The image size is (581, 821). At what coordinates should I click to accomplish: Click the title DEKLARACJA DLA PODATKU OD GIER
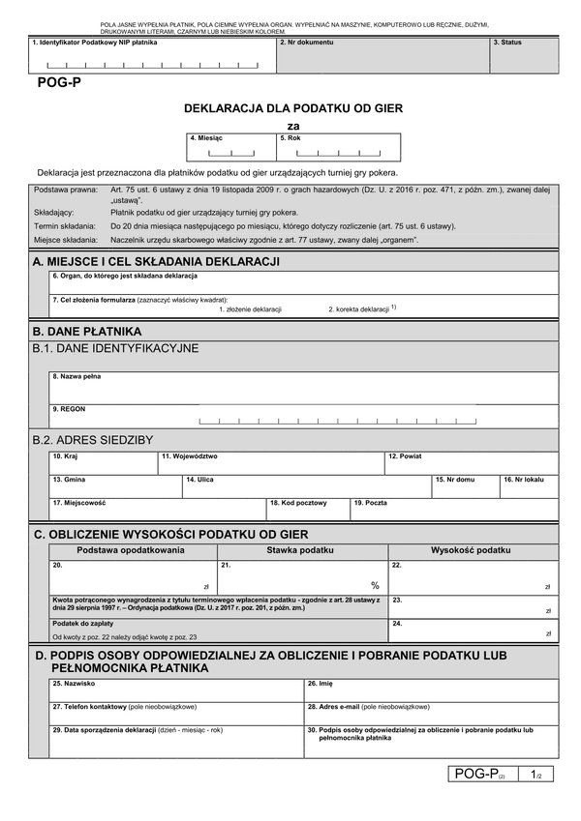tap(292, 108)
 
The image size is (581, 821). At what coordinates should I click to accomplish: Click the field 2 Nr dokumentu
tap(382, 56)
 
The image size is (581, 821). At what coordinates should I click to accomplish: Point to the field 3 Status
tap(524, 56)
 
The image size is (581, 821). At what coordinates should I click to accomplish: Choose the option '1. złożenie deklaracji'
tap(250, 308)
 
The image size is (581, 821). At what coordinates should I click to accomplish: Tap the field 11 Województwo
tap(271, 463)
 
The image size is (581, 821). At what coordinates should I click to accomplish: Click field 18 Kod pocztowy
tap(308, 509)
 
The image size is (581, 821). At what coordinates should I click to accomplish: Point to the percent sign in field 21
tap(375, 586)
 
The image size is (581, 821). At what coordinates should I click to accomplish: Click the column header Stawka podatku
tap(301, 550)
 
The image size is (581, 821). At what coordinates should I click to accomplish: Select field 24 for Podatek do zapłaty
tap(472, 630)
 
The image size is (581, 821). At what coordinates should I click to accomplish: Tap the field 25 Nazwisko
tap(176, 689)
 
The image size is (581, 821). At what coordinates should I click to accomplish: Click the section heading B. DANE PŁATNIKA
tap(87, 332)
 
